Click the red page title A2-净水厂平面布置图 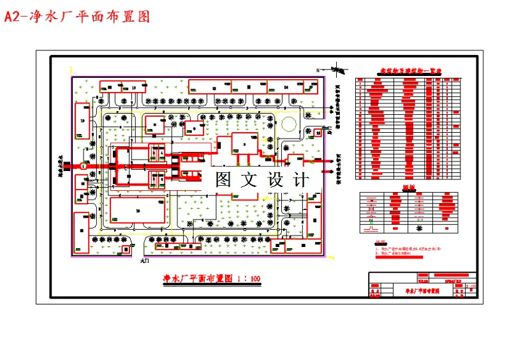tap(77, 17)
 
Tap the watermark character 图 tap(223, 180)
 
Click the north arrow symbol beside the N tap(335, 70)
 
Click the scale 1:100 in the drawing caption tap(249, 279)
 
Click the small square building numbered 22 tap(318, 131)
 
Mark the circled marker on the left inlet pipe tap(83, 166)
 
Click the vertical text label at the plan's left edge tap(63, 167)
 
